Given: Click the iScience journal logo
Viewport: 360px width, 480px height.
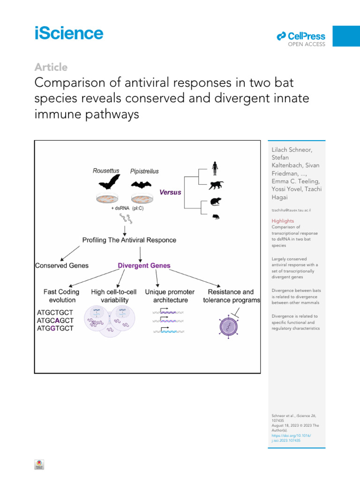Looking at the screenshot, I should click(x=68, y=34).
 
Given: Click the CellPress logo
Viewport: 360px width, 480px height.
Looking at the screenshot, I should click(x=300, y=37).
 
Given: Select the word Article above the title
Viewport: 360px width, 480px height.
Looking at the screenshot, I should click(x=51, y=67).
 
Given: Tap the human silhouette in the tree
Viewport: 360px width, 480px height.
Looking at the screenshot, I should click(x=215, y=168).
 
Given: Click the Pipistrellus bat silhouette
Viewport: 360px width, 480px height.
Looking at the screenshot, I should click(x=144, y=184).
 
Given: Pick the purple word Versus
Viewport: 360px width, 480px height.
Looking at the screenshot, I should click(x=171, y=192).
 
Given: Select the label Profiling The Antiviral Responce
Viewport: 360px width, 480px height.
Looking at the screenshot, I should click(x=129, y=240).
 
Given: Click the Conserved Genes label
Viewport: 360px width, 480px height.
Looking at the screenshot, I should click(x=62, y=265).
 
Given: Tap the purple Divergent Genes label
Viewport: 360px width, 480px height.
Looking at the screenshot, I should click(x=144, y=265).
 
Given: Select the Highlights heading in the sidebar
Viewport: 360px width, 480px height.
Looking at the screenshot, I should click(x=283, y=221).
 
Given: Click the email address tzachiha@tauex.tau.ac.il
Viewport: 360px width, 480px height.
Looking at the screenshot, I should click(x=292, y=210).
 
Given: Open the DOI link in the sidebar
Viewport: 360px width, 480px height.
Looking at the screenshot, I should click(x=291, y=438).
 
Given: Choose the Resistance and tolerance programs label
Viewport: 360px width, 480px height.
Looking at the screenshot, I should click(x=231, y=296).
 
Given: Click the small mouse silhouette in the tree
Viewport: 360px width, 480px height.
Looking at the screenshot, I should click(x=215, y=217).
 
